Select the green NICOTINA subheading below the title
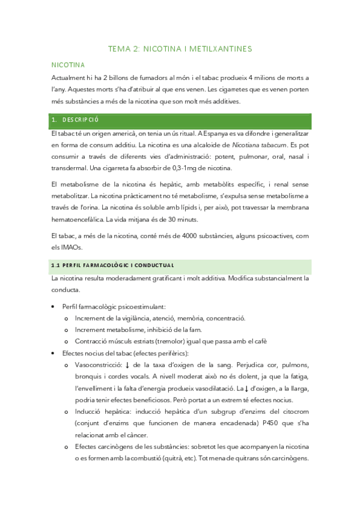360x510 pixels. coord(68,64)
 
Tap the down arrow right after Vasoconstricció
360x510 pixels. coord(128,366)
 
